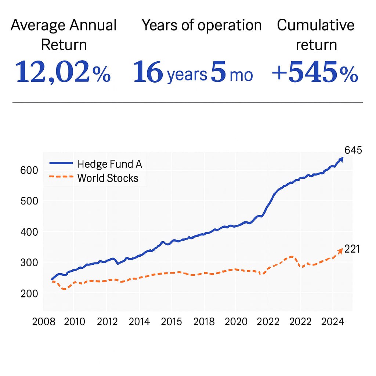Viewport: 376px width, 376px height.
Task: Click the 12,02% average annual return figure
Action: coord(63,72)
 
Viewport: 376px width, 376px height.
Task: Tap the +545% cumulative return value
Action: coord(315,72)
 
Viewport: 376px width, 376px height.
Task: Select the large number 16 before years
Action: coord(148,72)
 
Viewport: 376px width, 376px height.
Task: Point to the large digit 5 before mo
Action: coord(218,72)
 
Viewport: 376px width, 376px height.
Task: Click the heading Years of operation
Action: coord(202,26)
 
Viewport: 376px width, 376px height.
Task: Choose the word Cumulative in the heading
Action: coord(316,26)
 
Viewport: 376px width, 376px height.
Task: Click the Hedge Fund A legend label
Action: coord(110,164)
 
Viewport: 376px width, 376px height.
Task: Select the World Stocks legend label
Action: coord(108,178)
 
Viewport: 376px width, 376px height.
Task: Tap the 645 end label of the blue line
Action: coord(353,150)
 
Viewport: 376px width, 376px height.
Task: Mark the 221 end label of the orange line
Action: coord(352,249)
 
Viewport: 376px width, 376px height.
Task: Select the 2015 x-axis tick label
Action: coord(171,322)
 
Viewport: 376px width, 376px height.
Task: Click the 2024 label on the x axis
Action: coord(333,322)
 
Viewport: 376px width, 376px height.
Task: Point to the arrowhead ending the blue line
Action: coord(341,159)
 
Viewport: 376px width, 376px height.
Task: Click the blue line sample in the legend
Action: coord(61,164)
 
